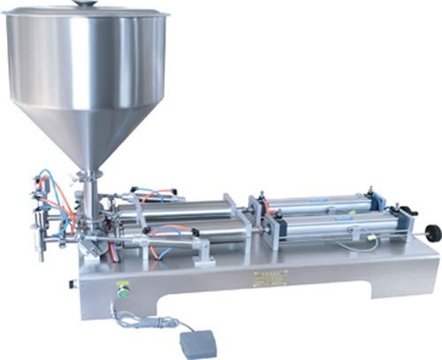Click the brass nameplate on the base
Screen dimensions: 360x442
pos(270,278)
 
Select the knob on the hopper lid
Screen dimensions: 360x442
pos(86,4)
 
